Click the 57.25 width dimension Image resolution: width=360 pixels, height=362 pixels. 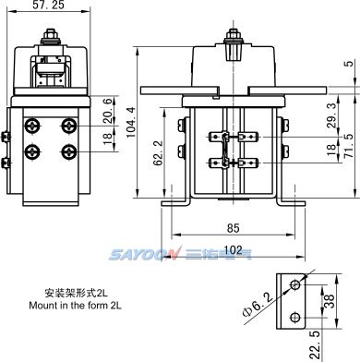click(x=49, y=5)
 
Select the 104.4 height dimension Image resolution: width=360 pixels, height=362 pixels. click(x=131, y=122)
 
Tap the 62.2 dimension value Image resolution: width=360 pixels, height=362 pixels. click(x=158, y=153)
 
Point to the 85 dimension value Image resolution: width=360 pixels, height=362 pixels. click(x=234, y=228)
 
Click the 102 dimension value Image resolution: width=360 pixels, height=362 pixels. click(x=234, y=250)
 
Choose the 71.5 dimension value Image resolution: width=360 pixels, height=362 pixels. click(x=350, y=146)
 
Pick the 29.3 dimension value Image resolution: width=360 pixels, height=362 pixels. click(x=331, y=115)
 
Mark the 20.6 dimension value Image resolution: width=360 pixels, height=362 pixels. click(x=108, y=111)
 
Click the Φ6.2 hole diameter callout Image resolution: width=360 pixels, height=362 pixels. click(x=258, y=305)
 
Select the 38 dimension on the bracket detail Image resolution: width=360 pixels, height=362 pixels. click(x=329, y=301)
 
